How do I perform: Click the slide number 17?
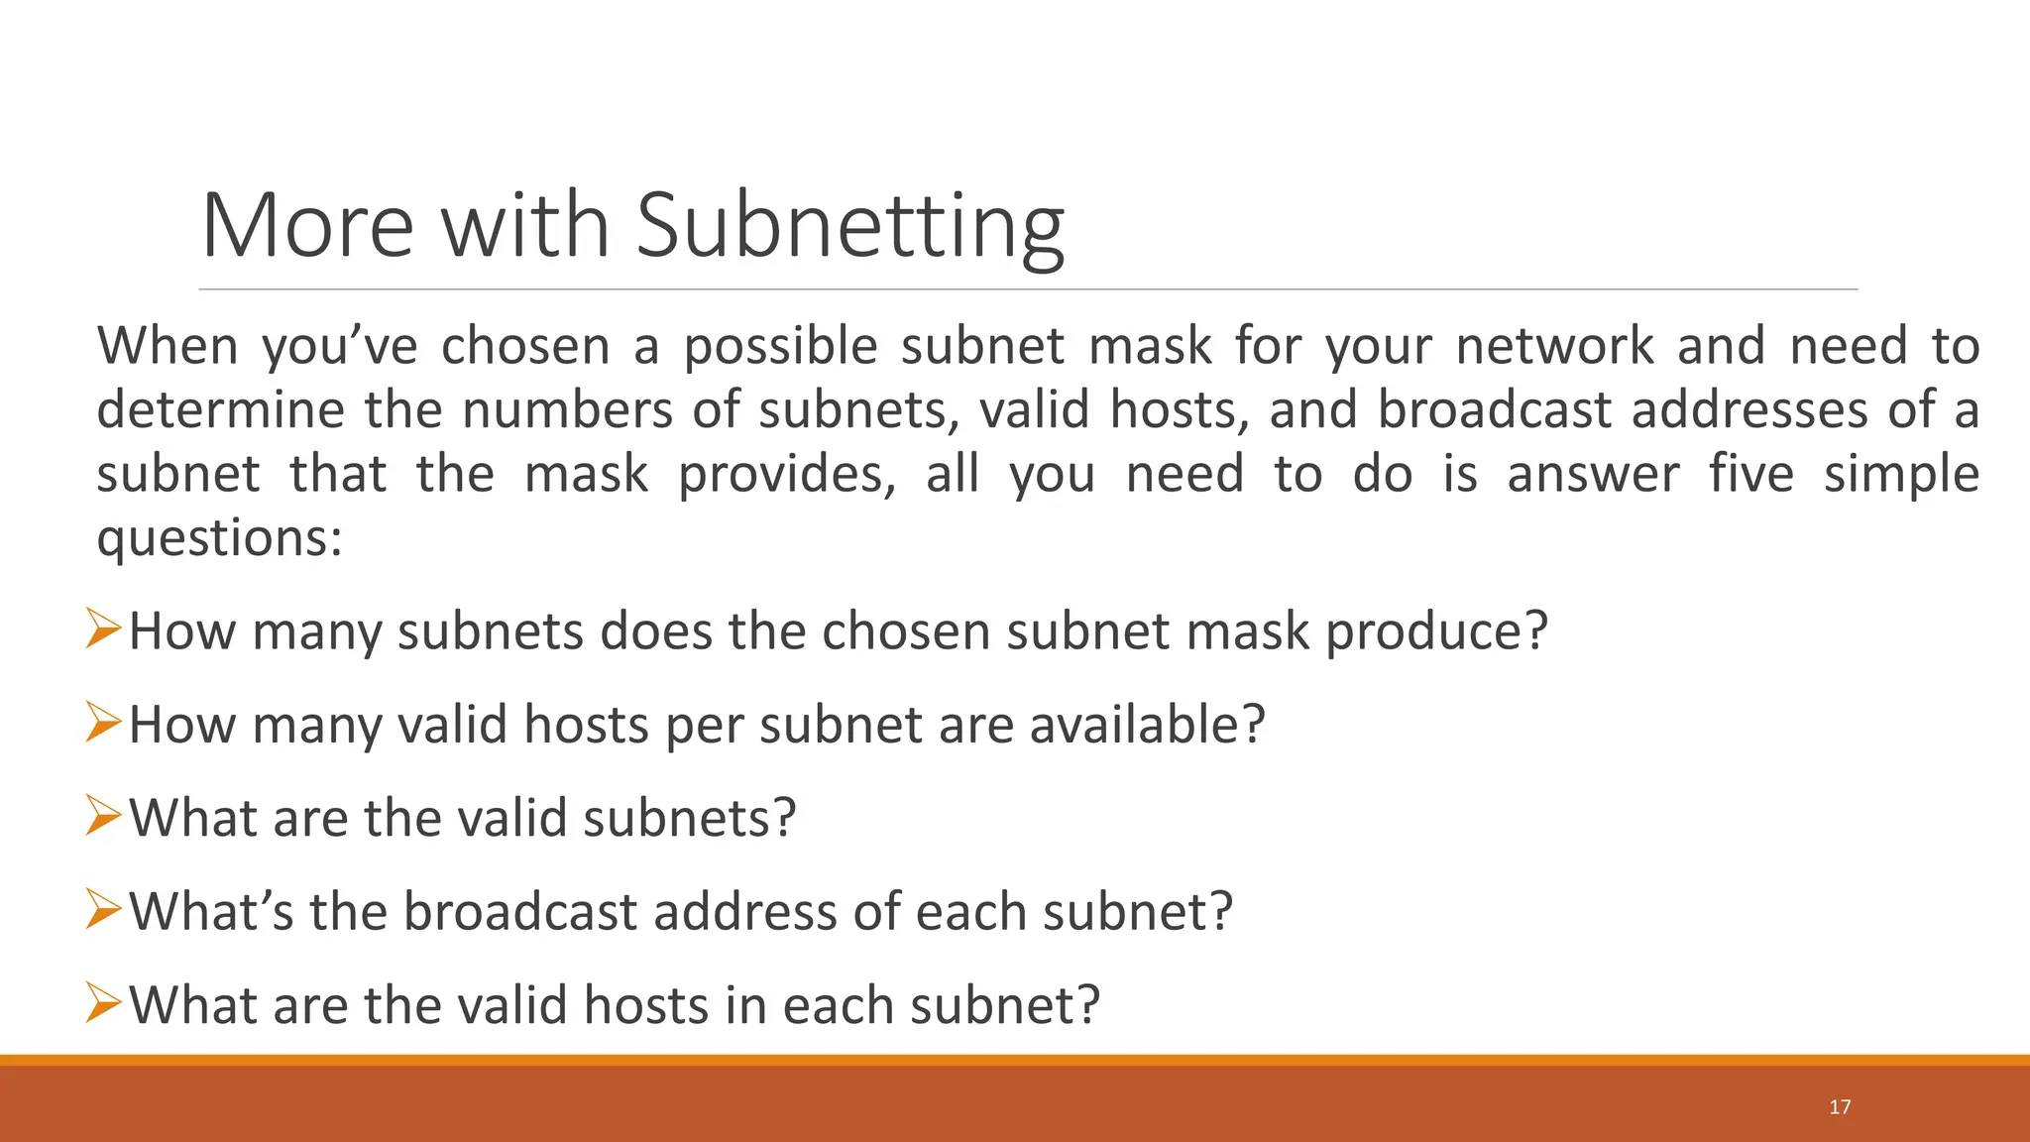click(x=1840, y=1107)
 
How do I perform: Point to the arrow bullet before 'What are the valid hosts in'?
click(x=103, y=1002)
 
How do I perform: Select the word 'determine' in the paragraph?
click(x=219, y=409)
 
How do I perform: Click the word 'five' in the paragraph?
click(x=1751, y=474)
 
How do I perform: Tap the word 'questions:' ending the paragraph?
click(x=219, y=538)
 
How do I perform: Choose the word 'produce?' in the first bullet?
click(x=1436, y=631)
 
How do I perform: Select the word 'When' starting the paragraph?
click(x=168, y=347)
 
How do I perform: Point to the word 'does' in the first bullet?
click(x=656, y=631)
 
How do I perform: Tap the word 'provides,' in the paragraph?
click(x=787, y=474)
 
